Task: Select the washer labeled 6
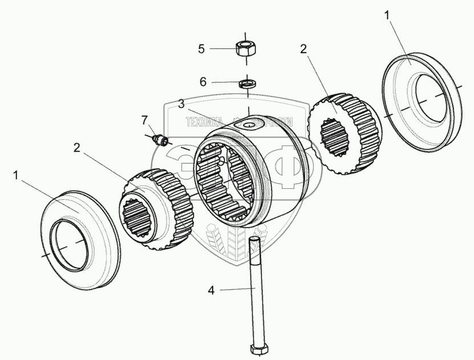pos(246,84)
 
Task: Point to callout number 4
pos(212,290)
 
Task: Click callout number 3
pos(181,104)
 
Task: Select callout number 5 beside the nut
pos(201,48)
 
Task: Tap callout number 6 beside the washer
pos(202,82)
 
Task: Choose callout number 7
pos(145,120)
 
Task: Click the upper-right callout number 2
pos(303,48)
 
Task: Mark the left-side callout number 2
pos(77,148)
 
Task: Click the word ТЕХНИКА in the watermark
pos(203,122)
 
